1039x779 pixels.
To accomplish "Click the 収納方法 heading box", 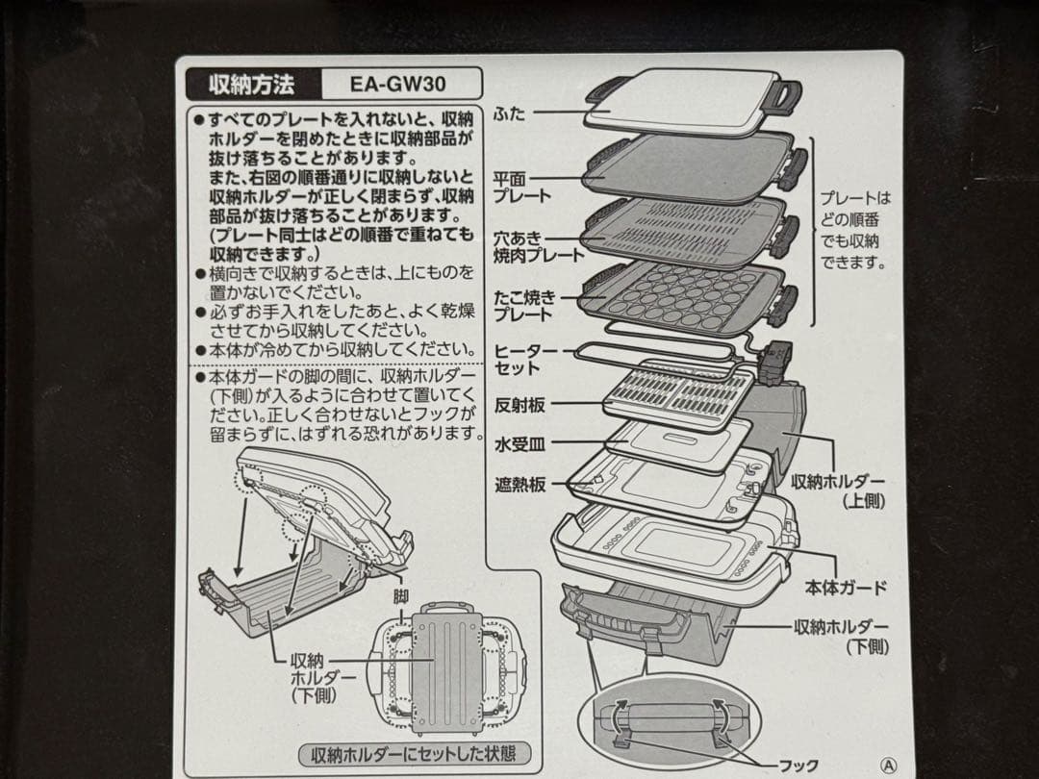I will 252,83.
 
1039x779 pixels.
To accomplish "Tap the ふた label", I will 510,113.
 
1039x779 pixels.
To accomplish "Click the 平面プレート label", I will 522,187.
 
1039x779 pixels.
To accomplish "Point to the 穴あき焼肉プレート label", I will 538,246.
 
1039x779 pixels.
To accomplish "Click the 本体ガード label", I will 845,587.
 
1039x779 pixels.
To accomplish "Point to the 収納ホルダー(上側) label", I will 837,490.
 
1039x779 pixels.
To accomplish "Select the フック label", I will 798,765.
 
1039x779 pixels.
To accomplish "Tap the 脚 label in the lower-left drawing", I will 400,596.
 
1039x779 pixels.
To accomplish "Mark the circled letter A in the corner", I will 890,766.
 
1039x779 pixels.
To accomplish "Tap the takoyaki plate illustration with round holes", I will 678,298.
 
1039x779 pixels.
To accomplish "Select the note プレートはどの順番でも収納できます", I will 855,230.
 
